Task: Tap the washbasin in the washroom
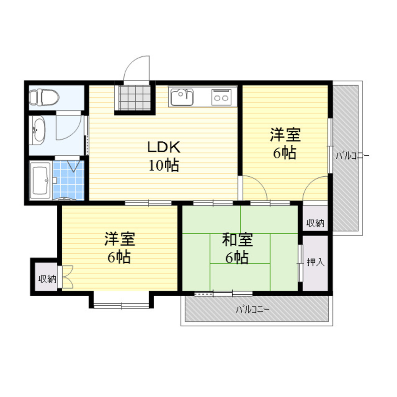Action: click(x=38, y=129)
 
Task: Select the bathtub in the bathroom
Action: click(x=40, y=181)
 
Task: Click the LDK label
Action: click(x=164, y=148)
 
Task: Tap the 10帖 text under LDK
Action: click(x=164, y=165)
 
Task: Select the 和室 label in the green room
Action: click(x=237, y=240)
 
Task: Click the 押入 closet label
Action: click(x=316, y=262)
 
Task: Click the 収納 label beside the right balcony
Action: click(x=315, y=223)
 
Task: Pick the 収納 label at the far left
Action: click(x=46, y=279)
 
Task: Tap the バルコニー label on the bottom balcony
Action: click(x=252, y=309)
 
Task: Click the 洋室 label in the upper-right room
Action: click(x=285, y=135)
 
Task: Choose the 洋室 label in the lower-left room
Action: click(x=119, y=240)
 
